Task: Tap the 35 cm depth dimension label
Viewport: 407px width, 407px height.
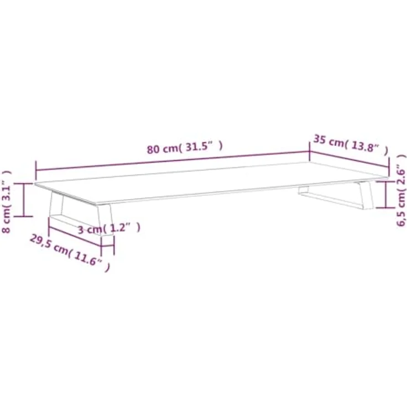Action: pyautogui.click(x=351, y=144)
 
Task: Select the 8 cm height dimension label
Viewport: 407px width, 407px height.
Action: pyautogui.click(x=7, y=202)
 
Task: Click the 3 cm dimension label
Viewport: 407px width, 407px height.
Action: pyautogui.click(x=109, y=228)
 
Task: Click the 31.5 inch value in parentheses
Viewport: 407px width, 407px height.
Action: pyautogui.click(x=204, y=147)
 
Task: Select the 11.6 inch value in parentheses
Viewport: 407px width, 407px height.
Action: pyautogui.click(x=90, y=259)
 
